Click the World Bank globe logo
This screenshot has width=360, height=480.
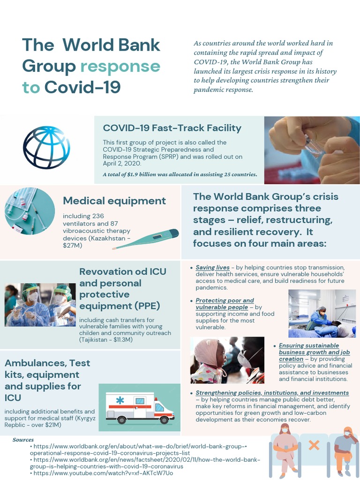point(46,148)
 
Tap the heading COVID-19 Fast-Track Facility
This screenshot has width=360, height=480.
point(172,128)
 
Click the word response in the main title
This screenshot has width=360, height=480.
point(120,66)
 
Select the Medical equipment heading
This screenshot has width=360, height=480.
point(114,201)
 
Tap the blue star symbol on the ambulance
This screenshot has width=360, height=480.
point(120,400)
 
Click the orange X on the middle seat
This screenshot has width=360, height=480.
point(314,445)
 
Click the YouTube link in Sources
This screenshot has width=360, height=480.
point(103,473)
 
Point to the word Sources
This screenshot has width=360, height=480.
point(23,440)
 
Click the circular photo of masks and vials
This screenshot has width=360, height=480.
point(30,211)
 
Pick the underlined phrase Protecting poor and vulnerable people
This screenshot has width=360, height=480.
point(225,303)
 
